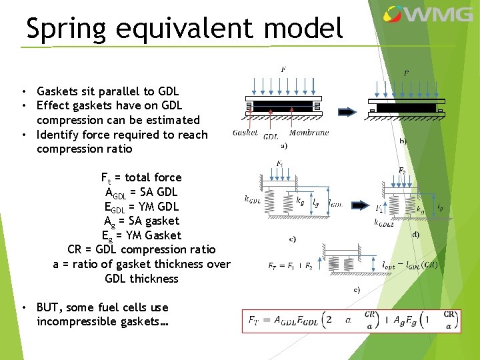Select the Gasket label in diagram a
[245, 133]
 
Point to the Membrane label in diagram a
[309, 133]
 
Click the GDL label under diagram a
[271, 136]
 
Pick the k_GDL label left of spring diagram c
[253, 199]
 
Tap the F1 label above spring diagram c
[279, 163]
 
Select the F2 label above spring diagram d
[402, 171]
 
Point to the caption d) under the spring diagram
[415, 234]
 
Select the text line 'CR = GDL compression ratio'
[141, 249]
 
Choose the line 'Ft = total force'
[141, 177]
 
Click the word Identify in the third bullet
[58, 135]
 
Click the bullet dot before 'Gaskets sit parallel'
[23, 91]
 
